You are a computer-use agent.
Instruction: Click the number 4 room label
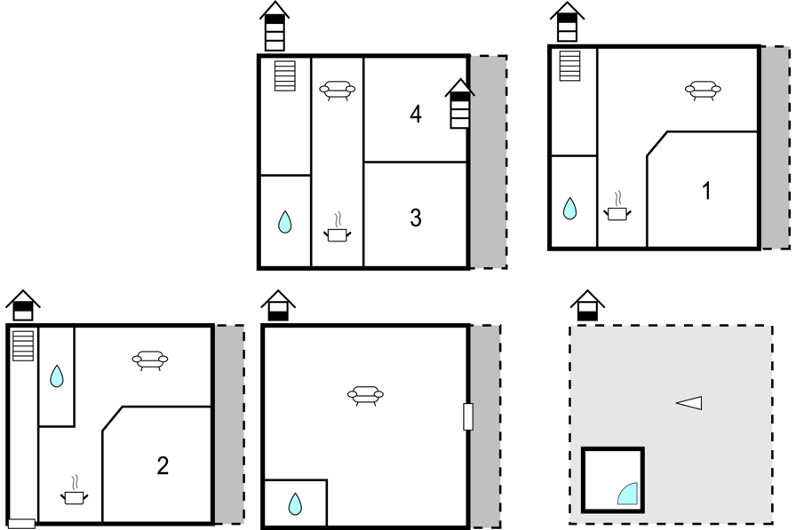[x=415, y=114]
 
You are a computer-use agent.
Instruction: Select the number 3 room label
[x=415, y=218]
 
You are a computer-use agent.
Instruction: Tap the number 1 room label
[x=706, y=191]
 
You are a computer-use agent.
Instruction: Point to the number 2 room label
[x=163, y=465]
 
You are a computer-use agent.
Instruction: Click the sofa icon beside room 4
[x=337, y=91]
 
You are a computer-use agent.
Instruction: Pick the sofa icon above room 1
[x=703, y=91]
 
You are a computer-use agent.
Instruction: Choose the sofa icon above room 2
[x=150, y=360]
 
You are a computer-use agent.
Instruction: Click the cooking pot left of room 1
[x=617, y=207]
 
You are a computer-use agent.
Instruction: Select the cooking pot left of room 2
[x=74, y=490]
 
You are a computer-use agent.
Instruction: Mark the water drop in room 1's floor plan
[x=569, y=209]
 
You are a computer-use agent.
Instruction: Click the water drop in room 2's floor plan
[x=57, y=376]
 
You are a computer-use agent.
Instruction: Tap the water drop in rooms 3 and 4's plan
[x=285, y=222]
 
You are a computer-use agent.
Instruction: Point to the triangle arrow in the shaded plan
[x=689, y=403]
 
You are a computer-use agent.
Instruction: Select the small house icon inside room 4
[x=460, y=104]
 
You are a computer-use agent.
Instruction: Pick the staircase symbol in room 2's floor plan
[x=23, y=346]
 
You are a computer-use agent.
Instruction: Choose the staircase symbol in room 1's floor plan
[x=569, y=66]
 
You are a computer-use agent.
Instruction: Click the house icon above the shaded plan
[x=587, y=305]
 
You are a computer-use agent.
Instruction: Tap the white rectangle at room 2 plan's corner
[x=22, y=524]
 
